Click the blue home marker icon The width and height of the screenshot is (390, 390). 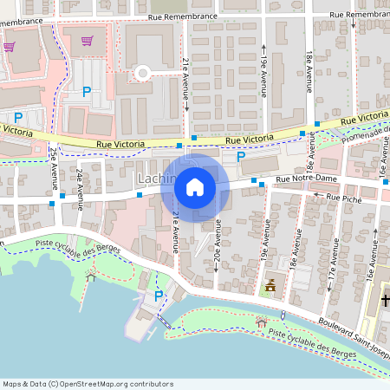195,186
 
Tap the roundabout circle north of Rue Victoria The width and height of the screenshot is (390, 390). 143,73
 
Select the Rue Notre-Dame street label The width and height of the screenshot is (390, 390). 305,180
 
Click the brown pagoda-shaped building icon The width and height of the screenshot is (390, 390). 270,284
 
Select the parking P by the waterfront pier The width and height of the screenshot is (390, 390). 158,296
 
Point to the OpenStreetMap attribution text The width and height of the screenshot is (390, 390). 88,384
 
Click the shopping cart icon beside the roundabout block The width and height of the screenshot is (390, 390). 87,40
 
